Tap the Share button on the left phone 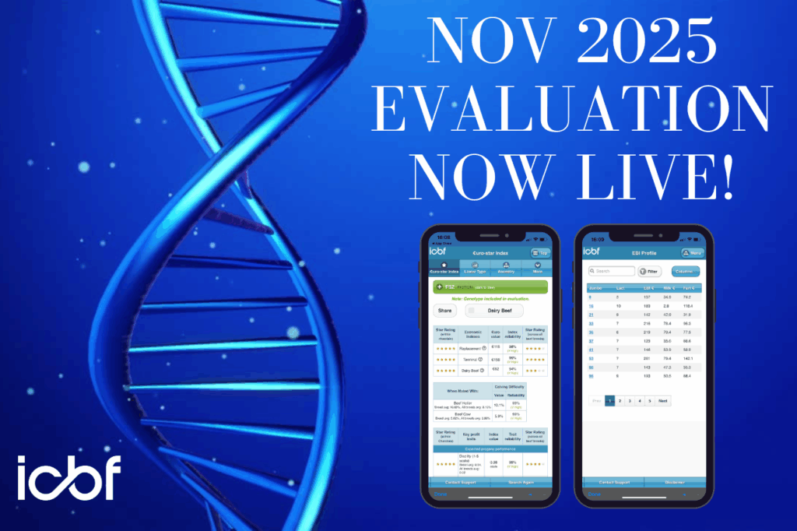(x=444, y=310)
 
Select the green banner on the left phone (x=490, y=287)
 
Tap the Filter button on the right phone (x=649, y=271)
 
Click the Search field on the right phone (x=612, y=271)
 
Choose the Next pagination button (x=663, y=401)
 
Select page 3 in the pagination (x=630, y=401)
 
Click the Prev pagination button (x=596, y=401)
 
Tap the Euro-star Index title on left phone (x=490, y=251)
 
